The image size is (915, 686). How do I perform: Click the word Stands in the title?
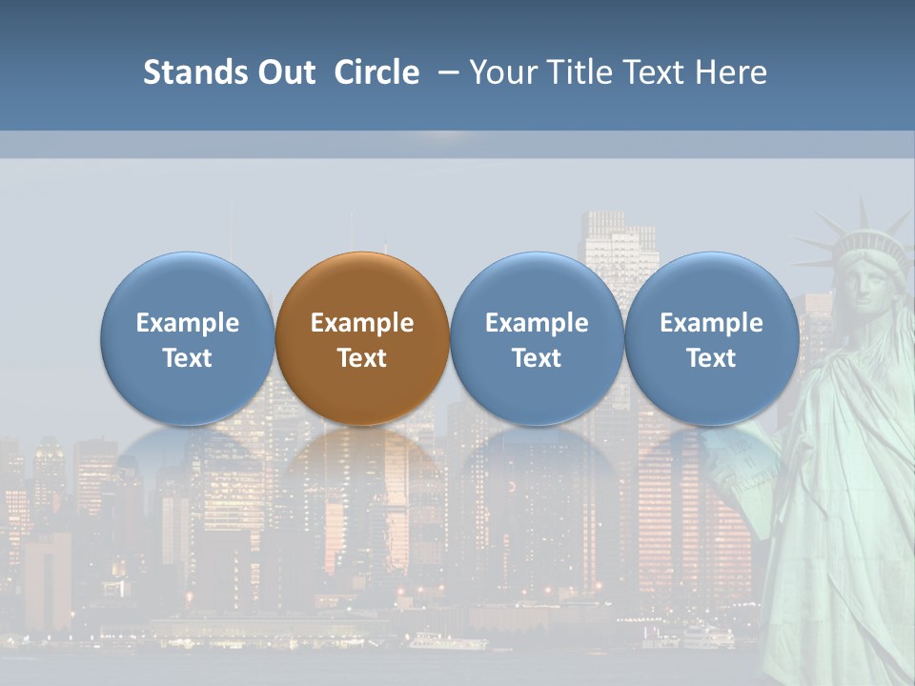[187, 72]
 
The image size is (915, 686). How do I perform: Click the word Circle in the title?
[376, 72]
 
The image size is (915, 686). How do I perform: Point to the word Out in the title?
[283, 72]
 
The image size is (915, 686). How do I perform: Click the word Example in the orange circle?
[362, 323]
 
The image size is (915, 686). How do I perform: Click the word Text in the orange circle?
[362, 358]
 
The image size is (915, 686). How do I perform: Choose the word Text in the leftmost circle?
[188, 358]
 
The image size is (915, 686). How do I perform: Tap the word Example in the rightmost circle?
[712, 323]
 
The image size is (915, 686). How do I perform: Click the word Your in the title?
[502, 72]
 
